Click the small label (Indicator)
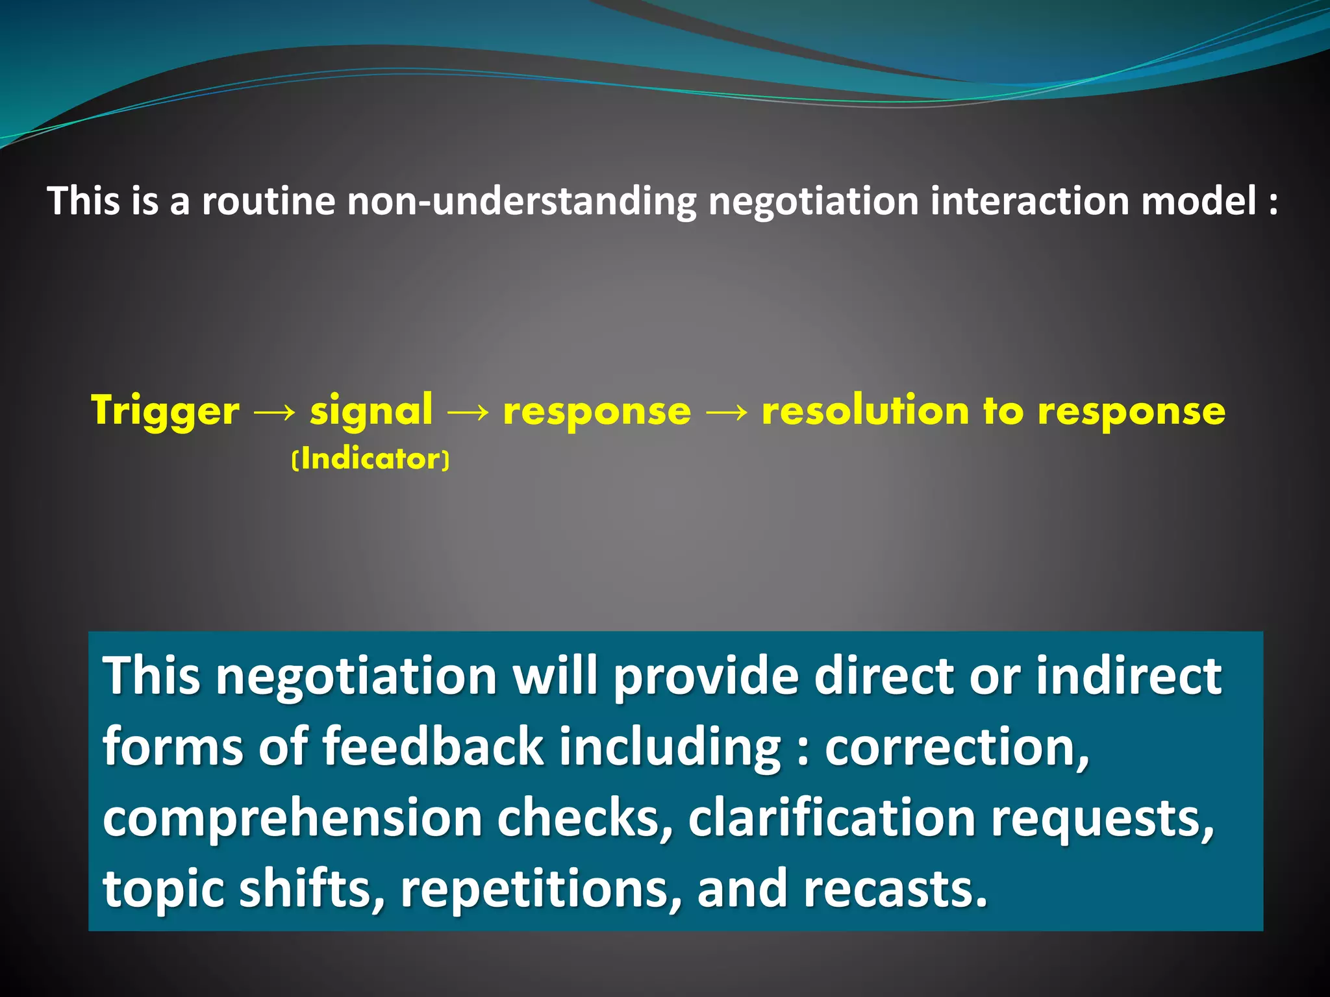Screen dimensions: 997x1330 tap(371, 460)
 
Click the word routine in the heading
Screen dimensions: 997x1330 tap(268, 201)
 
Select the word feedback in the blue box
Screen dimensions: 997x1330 tap(433, 747)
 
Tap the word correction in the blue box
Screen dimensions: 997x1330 tap(956, 747)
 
